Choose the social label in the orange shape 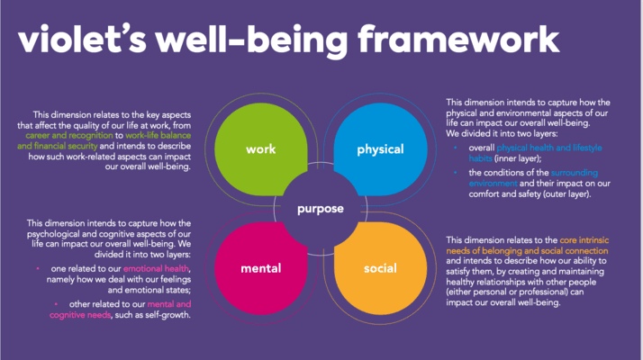click(379, 268)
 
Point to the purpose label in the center click(321, 209)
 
